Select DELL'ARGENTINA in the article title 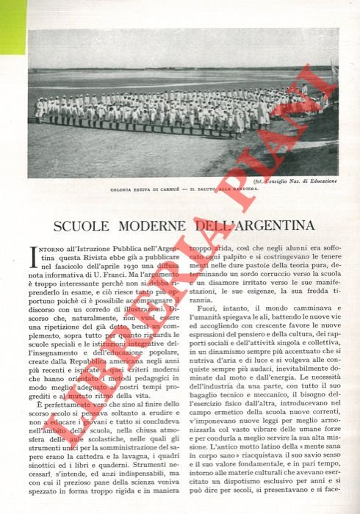tap(248, 224)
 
